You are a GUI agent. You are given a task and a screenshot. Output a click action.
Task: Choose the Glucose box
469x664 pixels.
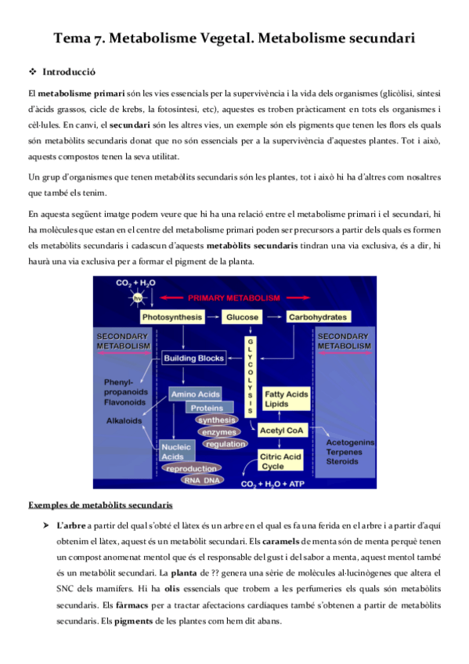[x=242, y=318]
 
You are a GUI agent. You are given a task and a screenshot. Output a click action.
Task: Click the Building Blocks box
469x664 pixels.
[x=193, y=358]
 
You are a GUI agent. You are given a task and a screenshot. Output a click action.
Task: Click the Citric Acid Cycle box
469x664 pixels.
[x=282, y=461]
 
